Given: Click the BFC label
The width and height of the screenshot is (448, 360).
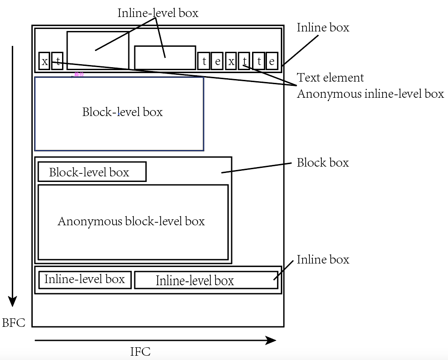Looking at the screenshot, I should tap(14, 323).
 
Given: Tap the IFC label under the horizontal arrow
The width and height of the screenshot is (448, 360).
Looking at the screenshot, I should tap(140, 352).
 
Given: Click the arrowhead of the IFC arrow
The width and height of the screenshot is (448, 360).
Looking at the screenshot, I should tap(271, 340).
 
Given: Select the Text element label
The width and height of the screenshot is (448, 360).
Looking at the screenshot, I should tap(330, 78).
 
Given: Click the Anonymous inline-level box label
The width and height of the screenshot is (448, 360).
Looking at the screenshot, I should tap(370, 94).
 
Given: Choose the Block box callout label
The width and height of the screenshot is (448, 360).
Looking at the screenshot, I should tap(323, 163).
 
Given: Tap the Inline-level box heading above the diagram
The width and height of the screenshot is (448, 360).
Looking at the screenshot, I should tap(158, 13).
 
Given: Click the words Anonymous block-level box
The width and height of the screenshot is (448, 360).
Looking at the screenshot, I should tap(131, 221).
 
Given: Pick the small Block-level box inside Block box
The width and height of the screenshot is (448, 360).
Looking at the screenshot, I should tap(92, 172).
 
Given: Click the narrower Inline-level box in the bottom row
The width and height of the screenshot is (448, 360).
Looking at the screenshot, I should tap(85, 279).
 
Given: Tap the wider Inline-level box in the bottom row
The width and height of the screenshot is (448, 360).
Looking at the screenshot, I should tap(206, 281).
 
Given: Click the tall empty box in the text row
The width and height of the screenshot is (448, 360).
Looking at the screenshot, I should tap(98, 50).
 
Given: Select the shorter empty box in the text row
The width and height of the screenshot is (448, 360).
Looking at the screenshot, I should tap(165, 57).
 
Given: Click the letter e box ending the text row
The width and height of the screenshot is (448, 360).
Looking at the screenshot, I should tap(272, 61).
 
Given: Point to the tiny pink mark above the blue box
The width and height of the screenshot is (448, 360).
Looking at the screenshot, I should tap(78, 75).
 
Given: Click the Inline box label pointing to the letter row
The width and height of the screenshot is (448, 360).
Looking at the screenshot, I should tap(323, 28).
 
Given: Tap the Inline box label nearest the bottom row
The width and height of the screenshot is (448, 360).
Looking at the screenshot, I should tap(323, 260).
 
